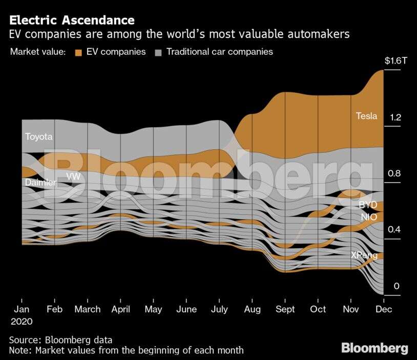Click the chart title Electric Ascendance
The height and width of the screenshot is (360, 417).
[x=72, y=21]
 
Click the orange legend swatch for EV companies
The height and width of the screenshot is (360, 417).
[x=78, y=52]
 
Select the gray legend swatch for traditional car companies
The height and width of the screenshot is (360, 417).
[x=159, y=52]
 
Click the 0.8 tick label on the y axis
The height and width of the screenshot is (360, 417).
[x=394, y=173]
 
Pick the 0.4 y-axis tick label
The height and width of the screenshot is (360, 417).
[x=394, y=230]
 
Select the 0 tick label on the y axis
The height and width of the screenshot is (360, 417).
[x=396, y=286]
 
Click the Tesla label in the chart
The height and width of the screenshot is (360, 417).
[x=366, y=116]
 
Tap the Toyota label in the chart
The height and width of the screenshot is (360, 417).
[x=38, y=137]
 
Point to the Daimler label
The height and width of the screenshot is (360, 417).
[x=40, y=182]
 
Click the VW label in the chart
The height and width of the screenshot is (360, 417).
[x=73, y=176]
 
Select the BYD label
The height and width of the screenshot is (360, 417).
[x=367, y=205]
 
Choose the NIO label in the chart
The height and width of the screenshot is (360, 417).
[x=368, y=217]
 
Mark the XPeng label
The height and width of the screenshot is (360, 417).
[x=364, y=255]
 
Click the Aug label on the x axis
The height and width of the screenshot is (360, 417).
[x=252, y=310]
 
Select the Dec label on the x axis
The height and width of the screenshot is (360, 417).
[x=384, y=310]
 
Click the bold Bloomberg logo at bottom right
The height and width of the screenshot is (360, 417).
[x=374, y=349]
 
